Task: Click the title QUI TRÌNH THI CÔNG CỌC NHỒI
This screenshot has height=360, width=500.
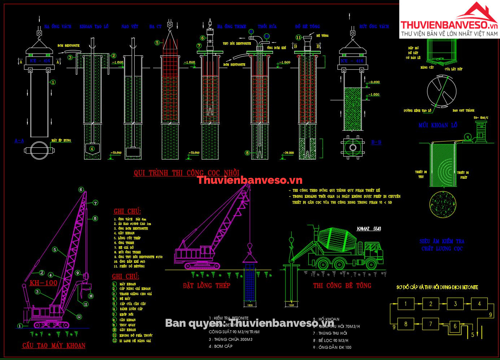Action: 186,173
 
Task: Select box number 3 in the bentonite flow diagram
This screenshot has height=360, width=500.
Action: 455,304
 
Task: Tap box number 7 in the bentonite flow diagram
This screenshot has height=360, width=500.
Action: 430,324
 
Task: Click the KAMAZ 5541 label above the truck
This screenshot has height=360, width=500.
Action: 369,229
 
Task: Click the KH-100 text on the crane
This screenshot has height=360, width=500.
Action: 43,283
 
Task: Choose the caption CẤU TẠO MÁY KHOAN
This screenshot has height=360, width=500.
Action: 54,346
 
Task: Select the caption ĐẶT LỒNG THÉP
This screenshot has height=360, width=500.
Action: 206,286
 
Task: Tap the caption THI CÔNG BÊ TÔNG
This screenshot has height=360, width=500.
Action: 342,286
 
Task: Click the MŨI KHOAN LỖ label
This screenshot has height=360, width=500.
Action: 438,125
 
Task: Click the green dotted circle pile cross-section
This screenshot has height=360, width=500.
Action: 443,205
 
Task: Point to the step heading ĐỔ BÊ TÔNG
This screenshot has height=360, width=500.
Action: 307,27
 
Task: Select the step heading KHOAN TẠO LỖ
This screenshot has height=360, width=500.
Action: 94,27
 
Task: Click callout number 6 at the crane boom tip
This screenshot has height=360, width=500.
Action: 81,190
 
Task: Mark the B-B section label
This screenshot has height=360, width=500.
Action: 376,142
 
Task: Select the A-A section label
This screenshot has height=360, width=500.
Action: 19,140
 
